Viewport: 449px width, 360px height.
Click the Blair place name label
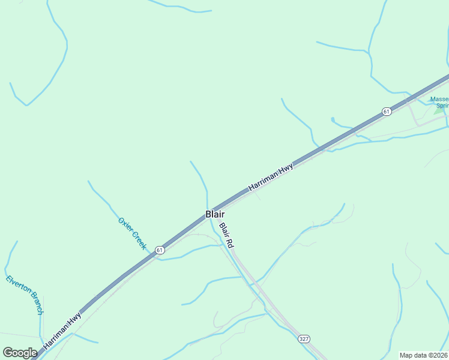(215, 214)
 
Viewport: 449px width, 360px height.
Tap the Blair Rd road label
(226, 236)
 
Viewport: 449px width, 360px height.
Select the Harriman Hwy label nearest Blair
(271, 178)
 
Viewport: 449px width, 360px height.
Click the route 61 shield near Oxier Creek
(159, 250)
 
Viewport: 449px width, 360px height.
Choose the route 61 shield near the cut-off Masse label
(386, 112)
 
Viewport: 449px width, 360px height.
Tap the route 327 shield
(304, 339)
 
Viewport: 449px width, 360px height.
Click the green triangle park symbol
(440, 110)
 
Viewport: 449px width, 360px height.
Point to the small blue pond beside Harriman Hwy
(333, 120)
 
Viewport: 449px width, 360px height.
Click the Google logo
(20, 353)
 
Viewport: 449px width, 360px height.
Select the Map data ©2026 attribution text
(423, 355)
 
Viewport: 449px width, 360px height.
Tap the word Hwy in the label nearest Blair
(286, 169)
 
